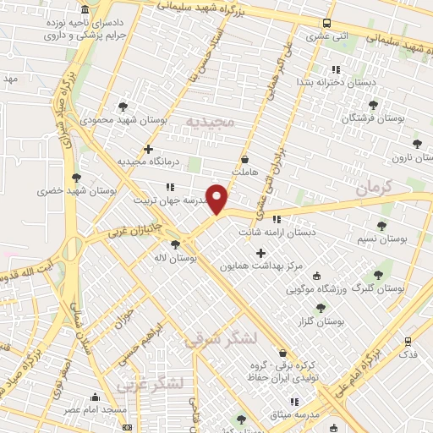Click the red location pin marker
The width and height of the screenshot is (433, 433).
coord(217,199)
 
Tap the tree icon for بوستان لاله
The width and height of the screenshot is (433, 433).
coord(174,244)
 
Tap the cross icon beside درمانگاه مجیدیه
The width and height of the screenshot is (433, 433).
coord(149,149)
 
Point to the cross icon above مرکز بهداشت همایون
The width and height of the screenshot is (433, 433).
coord(260,253)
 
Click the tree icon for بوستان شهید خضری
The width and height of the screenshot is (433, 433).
coord(77,178)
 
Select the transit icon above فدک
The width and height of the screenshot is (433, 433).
coord(408,343)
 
